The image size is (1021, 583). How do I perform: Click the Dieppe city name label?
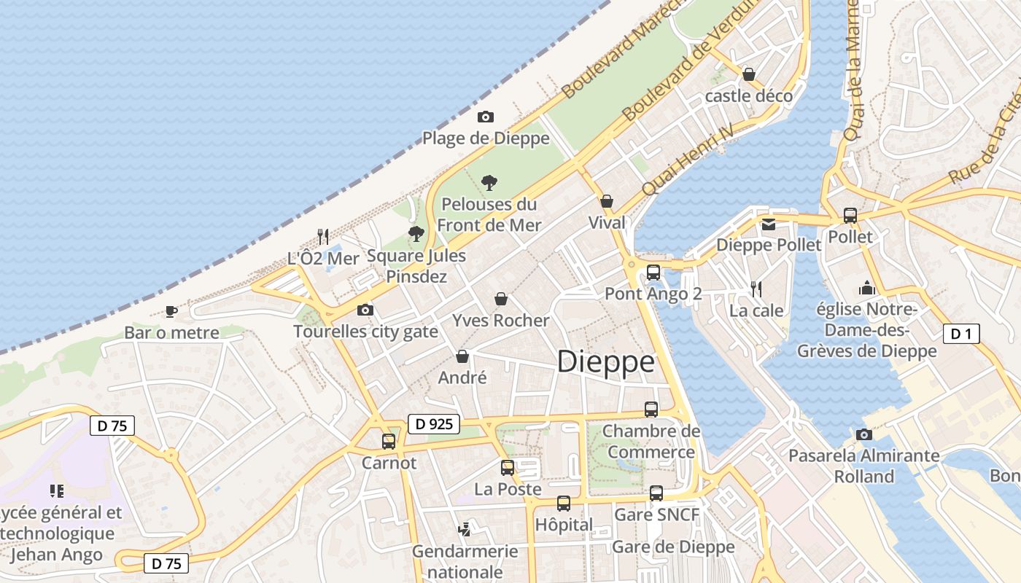pos(605,362)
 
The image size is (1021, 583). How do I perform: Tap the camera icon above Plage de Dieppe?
pos(485,117)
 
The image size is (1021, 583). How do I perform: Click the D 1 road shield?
pos(961,334)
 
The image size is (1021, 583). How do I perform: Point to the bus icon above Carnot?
pos(389,441)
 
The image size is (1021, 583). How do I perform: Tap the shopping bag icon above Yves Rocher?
pos(501,299)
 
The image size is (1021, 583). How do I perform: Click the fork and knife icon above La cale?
pos(756,289)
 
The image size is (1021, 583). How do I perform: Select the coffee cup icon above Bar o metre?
pos(171,311)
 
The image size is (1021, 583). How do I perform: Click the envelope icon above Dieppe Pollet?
pos(769,224)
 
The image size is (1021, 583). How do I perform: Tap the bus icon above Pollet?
pos(850,216)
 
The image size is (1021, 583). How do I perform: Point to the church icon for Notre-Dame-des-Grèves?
pos(866,289)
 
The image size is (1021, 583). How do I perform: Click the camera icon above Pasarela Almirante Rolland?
pos(864,434)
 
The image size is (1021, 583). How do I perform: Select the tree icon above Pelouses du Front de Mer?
pos(489,182)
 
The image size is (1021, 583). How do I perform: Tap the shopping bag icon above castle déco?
pos(748,74)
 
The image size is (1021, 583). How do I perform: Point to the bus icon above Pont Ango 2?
pos(653,273)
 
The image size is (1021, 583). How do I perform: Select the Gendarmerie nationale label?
pos(465,561)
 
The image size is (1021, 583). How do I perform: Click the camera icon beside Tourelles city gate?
pos(365,310)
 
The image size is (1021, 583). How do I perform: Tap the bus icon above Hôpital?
pos(564,503)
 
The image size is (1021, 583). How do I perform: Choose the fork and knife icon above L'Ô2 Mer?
pos(323,236)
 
